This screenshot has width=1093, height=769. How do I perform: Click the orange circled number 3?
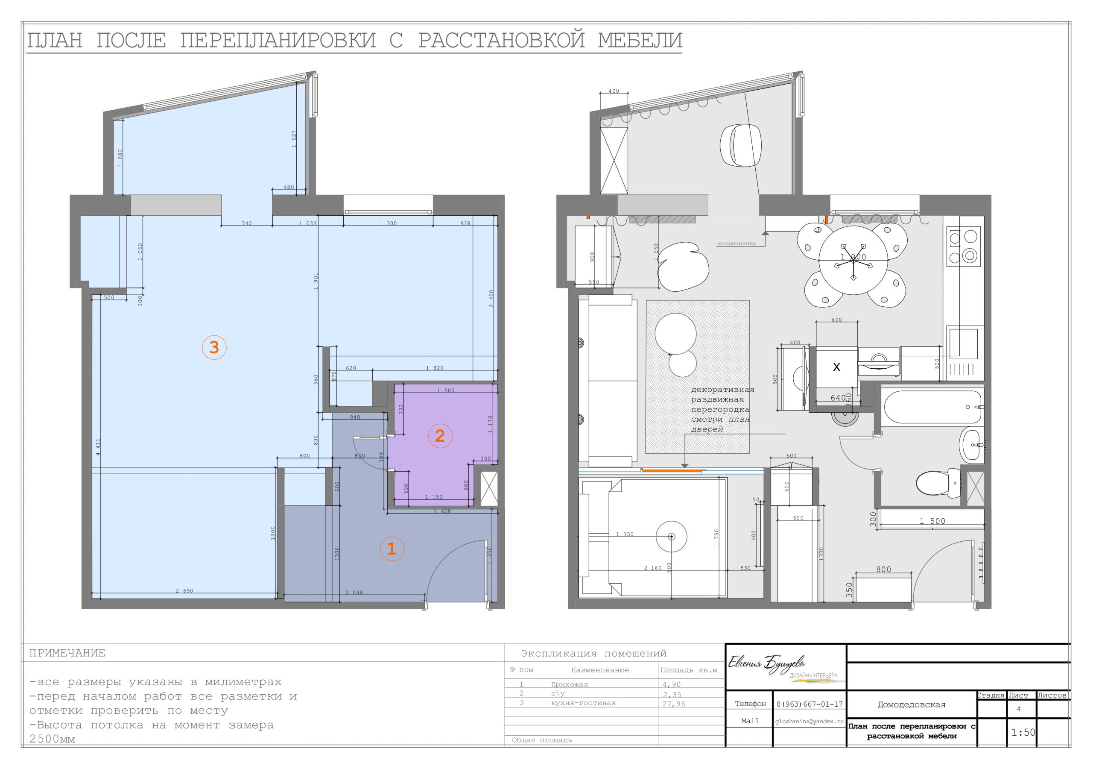[214, 347]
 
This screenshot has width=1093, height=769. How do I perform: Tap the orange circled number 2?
[440, 435]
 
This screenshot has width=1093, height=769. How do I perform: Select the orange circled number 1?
[392, 549]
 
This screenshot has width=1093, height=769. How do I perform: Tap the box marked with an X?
[836, 367]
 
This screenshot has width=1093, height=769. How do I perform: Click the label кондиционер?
[736, 244]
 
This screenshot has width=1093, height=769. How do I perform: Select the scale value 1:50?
[1023, 732]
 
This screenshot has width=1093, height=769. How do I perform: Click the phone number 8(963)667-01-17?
[809, 704]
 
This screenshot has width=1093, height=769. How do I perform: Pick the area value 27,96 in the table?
[674, 704]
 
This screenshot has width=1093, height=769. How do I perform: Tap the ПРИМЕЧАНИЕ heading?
[67, 653]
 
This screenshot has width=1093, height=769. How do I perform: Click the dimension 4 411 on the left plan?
[98, 447]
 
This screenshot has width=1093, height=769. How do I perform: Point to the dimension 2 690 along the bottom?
[184, 591]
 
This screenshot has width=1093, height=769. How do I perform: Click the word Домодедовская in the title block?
[911, 704]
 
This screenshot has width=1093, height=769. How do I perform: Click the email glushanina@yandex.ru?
[809, 721]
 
